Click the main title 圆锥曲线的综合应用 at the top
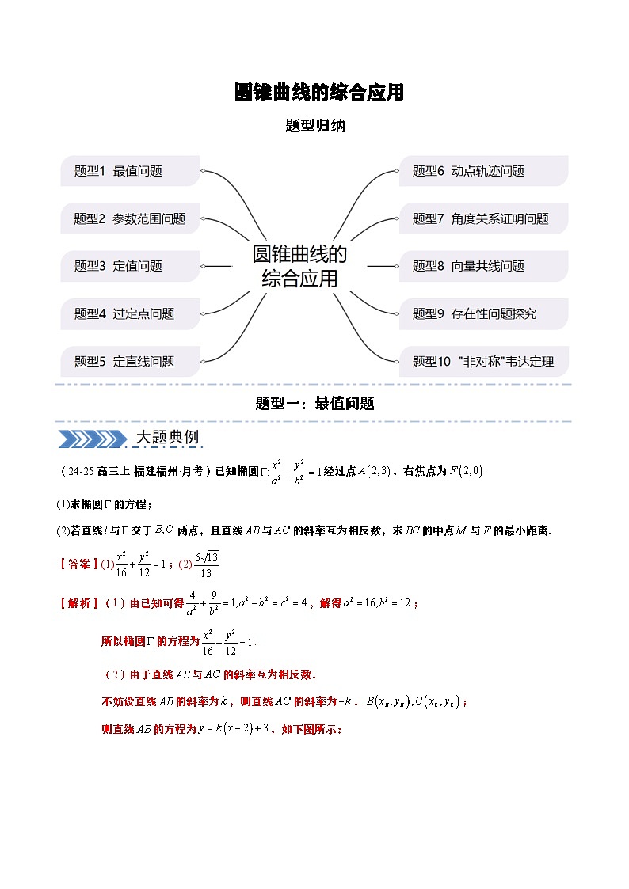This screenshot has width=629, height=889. [x=318, y=93]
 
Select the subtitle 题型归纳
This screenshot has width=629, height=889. [x=315, y=125]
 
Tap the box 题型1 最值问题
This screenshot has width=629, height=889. [x=131, y=171]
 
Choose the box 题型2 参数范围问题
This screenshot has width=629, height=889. [x=131, y=218]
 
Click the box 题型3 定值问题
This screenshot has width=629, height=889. [x=131, y=266]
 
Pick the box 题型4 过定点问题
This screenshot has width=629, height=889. [x=131, y=313]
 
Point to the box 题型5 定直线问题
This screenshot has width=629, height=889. [x=131, y=361]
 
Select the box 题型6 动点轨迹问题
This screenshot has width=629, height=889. [x=484, y=171]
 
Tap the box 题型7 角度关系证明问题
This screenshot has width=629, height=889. [x=484, y=218]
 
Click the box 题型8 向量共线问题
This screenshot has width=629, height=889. [x=484, y=266]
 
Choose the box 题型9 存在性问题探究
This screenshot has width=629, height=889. [x=484, y=313]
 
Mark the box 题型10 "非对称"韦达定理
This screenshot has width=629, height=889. [x=484, y=361]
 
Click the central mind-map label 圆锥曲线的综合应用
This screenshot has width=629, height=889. [x=299, y=266]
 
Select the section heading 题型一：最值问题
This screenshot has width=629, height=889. [x=314, y=403]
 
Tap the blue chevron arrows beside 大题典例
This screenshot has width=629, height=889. [x=93, y=439]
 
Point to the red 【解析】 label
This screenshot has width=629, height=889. [x=79, y=602]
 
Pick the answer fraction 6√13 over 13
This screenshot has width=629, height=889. [x=207, y=564]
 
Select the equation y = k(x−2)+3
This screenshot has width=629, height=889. [x=234, y=728]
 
